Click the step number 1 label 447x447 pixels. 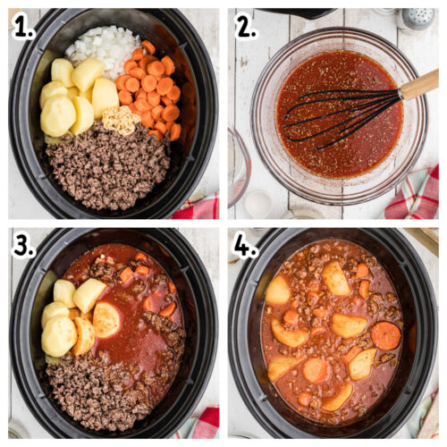click(23, 27)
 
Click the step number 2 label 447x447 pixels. click(245, 27)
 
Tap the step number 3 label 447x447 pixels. click(23, 247)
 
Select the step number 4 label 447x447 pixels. click(245, 247)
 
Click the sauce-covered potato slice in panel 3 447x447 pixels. click(106, 319)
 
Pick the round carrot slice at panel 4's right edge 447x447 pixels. click(386, 335)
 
